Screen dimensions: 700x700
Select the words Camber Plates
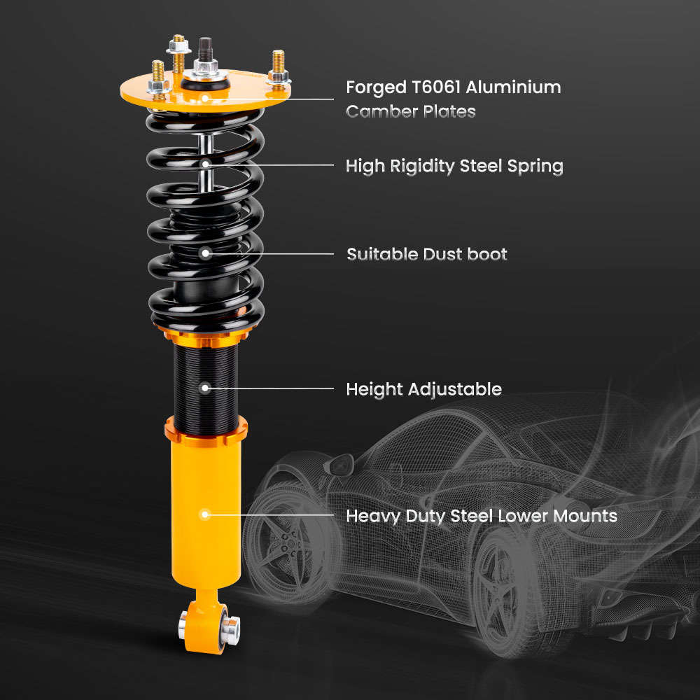point(411,111)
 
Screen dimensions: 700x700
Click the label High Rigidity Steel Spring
point(454,167)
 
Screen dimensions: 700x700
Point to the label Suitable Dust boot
point(427,254)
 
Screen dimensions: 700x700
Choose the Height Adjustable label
point(423,389)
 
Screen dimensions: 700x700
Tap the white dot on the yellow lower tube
point(205,514)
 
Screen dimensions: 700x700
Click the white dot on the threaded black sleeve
point(205,387)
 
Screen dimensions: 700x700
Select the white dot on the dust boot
point(205,253)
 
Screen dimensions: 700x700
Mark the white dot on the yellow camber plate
point(205,99)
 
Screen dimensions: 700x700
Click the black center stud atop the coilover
point(206,49)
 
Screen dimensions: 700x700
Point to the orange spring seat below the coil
point(205,336)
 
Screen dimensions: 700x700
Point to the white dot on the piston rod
point(205,164)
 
